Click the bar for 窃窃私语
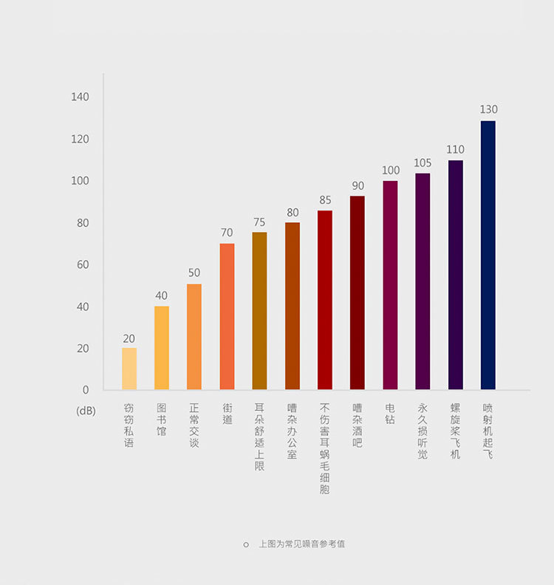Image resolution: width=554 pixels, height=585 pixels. point(129,369)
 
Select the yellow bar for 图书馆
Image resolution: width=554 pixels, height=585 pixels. point(162,348)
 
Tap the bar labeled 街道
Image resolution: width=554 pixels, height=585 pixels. point(227,316)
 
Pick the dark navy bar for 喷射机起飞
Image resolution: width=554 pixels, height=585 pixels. point(488,255)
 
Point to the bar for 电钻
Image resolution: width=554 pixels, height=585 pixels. point(390,285)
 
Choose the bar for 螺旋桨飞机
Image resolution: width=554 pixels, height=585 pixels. point(456,275)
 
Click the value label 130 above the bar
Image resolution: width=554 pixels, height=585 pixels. point(488,109)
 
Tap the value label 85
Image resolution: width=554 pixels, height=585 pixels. point(325,200)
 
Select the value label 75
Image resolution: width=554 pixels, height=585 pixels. point(259,222)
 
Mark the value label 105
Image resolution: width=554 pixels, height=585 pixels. point(423,162)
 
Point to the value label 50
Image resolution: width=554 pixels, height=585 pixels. point(194,273)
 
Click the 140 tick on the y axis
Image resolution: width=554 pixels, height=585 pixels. point(80,97)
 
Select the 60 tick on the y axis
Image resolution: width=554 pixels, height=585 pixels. point(83,264)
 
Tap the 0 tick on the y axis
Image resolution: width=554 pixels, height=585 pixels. point(86,389)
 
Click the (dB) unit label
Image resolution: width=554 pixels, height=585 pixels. point(86,411)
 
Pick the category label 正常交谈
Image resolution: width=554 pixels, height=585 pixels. point(194,425)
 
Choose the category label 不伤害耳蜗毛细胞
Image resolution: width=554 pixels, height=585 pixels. point(325,448)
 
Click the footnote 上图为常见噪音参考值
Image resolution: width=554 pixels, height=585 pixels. point(301,544)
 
